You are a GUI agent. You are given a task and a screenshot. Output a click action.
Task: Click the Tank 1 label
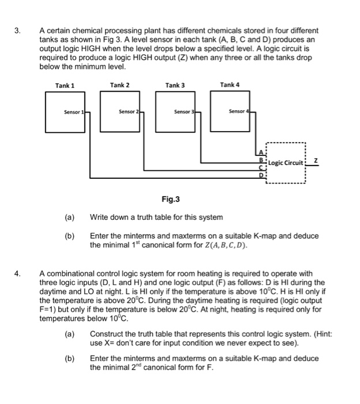click(x=65, y=85)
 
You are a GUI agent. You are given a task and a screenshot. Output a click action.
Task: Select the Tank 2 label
click(x=119, y=85)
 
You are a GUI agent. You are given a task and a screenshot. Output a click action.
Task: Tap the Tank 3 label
click(x=175, y=85)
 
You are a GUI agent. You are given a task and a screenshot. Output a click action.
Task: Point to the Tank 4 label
click(x=229, y=85)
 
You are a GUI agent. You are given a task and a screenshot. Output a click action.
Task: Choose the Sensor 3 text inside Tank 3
click(x=185, y=111)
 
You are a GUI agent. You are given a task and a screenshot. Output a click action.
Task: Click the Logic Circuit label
click(x=286, y=162)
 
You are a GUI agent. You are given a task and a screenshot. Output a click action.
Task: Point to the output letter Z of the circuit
click(x=314, y=159)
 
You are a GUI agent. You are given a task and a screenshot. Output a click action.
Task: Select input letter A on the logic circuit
click(x=261, y=151)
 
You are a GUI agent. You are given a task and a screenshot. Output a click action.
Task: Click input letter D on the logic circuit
click(x=261, y=174)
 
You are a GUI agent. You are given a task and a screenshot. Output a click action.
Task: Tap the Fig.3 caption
click(x=171, y=200)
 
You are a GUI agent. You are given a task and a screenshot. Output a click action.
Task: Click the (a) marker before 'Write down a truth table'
click(x=70, y=217)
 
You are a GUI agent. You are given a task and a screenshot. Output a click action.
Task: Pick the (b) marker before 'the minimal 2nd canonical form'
click(x=70, y=358)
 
